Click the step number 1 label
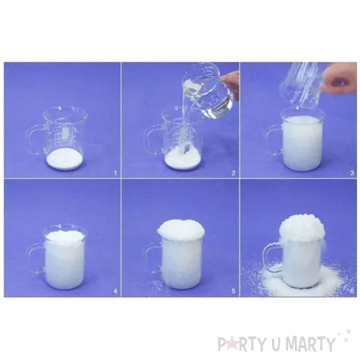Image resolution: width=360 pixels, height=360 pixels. tap(115, 173)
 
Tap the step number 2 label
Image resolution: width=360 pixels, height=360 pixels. tap(233, 173)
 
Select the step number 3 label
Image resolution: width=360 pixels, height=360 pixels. tap(352, 173)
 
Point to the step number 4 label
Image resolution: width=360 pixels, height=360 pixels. tap(115, 291)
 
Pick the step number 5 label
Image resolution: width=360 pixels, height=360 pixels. tap(233, 291)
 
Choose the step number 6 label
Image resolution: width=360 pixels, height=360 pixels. tap(352, 291)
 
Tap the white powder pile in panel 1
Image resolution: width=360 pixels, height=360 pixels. tap(65, 159)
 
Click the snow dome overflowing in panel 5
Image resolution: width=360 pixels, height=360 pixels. tap(181, 229)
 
